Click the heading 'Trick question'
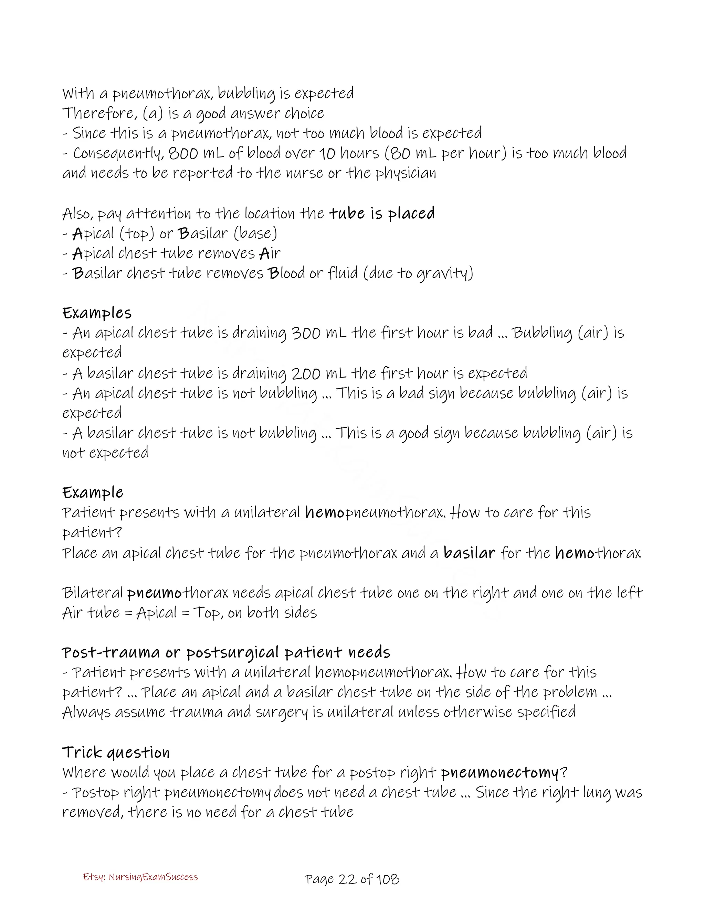[116, 752]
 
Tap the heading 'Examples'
[97, 313]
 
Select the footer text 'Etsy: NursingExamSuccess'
[140, 877]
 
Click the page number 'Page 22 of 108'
[352, 879]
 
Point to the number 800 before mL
[183, 153]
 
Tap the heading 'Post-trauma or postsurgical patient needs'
[226, 652]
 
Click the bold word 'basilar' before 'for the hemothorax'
[469, 553]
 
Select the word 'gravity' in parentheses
[443, 273]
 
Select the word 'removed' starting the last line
[92, 812]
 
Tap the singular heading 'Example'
[93, 493]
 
